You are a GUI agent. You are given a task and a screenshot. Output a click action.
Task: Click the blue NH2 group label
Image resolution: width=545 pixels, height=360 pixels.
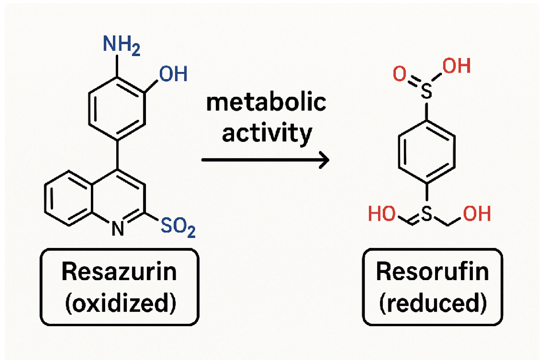point(121,45)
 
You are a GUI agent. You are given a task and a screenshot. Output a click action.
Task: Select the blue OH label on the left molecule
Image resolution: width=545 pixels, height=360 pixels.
point(173,74)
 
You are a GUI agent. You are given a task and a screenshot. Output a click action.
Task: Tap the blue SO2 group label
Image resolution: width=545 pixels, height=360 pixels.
point(178,227)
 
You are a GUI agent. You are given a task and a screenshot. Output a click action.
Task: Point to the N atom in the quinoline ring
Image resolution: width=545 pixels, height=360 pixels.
point(118,228)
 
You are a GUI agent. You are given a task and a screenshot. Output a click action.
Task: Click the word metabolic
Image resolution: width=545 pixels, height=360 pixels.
point(266,102)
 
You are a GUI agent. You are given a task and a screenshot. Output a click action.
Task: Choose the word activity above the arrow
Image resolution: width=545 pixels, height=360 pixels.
point(267,133)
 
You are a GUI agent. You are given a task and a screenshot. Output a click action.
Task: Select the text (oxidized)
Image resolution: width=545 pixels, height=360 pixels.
point(120,303)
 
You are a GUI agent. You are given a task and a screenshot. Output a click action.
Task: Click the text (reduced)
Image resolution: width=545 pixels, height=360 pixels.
point(432,303)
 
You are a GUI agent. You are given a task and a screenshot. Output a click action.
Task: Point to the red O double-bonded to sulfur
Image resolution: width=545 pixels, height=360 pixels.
point(400,74)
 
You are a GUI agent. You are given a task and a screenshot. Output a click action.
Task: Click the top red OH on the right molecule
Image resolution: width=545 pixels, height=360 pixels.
point(457,66)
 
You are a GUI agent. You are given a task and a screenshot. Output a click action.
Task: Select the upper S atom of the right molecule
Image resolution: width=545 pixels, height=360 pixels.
point(426,91)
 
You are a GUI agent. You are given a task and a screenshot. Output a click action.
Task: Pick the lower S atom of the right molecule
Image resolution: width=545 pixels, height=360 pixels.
point(427,214)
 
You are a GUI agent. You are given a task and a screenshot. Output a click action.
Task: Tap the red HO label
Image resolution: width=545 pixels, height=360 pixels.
point(382,214)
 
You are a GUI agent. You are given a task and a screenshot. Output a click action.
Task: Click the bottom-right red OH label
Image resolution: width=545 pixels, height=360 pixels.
point(477,214)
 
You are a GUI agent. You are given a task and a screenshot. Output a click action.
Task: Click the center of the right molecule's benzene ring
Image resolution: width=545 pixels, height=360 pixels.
point(427,152)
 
